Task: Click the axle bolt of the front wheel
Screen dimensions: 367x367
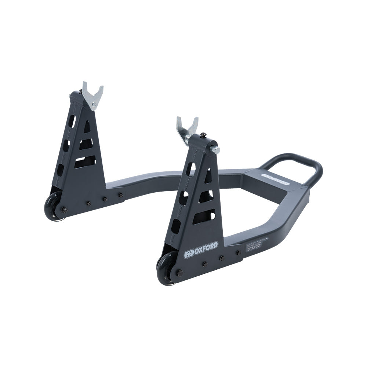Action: [x=179, y=273]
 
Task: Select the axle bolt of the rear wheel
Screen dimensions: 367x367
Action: [x=65, y=210]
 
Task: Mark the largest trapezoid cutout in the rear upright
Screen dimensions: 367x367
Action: [x=85, y=161]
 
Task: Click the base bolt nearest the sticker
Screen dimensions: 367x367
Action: [x=239, y=253]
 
